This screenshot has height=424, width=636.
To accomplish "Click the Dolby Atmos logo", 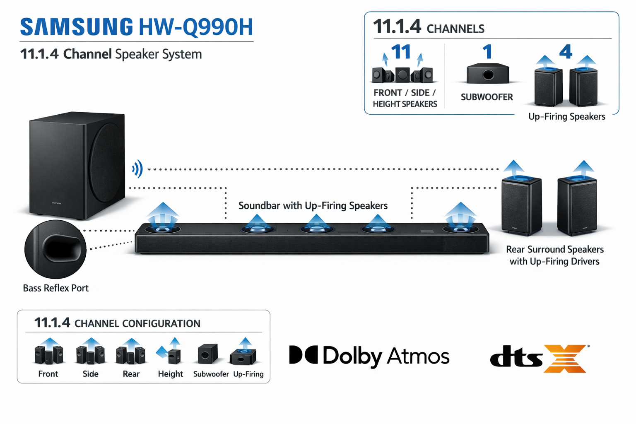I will click(x=369, y=356).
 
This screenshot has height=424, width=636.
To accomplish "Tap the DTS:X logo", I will click(x=538, y=358).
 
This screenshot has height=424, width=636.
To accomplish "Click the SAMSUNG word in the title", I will click(x=77, y=27).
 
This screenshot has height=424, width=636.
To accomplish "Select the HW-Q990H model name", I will click(x=195, y=27).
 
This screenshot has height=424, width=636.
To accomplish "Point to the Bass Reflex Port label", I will click(x=55, y=288).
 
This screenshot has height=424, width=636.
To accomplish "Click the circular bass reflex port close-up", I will click(x=55, y=249).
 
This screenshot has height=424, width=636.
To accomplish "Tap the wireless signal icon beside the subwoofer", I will click(x=137, y=169).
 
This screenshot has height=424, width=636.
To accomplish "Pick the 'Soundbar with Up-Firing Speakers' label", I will click(x=313, y=206).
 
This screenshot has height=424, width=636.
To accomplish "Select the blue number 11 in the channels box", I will click(x=400, y=53).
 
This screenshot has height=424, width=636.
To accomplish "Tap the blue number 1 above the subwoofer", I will click(x=487, y=52).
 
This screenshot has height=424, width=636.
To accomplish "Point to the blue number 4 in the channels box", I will click(x=565, y=52).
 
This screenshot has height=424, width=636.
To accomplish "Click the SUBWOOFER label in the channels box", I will click(x=487, y=97).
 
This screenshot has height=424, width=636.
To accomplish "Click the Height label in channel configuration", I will click(x=170, y=374).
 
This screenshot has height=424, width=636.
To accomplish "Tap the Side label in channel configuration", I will click(x=90, y=374).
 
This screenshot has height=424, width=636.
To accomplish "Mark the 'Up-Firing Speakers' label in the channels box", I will click(x=566, y=117).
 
